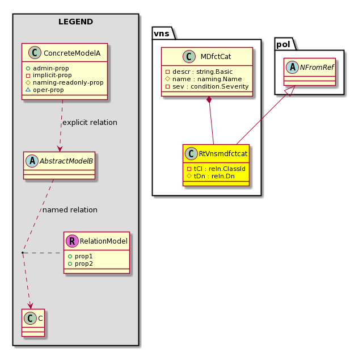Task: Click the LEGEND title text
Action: point(75,22)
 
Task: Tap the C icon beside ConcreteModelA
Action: point(35,52)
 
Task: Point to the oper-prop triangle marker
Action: point(28,90)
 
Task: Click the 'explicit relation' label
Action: point(90,123)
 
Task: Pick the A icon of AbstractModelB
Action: point(32,161)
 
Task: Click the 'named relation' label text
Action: point(70,210)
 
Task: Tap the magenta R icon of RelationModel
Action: point(72,241)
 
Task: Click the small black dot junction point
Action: point(23,253)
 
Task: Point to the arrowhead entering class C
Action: point(30,306)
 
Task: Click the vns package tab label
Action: point(162,34)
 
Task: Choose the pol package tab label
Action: point(283,44)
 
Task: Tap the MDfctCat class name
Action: point(216,57)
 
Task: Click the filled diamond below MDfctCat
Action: point(209,100)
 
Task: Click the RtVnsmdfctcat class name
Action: point(223,153)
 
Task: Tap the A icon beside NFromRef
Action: point(293,67)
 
